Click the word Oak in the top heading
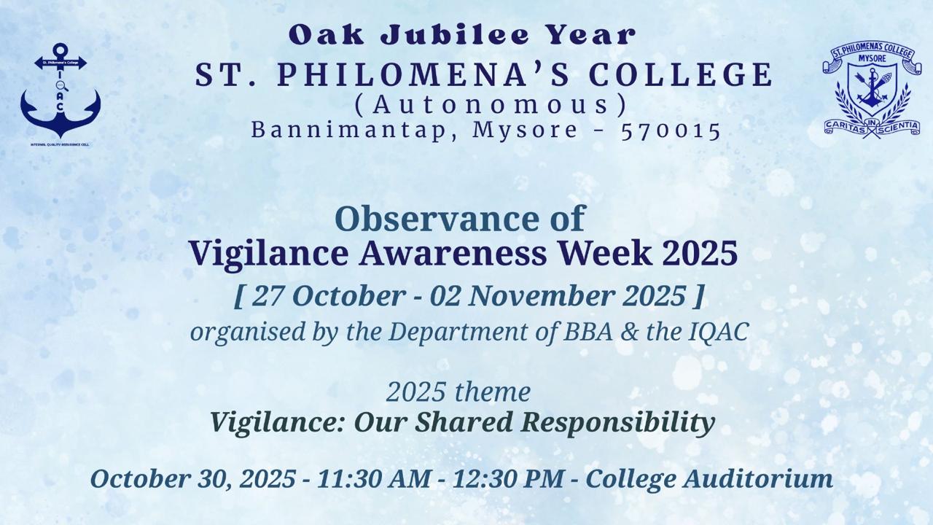click(x=326, y=34)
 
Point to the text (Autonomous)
click(x=491, y=104)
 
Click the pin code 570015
click(x=671, y=131)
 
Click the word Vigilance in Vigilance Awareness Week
click(x=269, y=254)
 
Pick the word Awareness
click(x=453, y=253)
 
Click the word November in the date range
click(x=544, y=295)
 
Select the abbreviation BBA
click(x=587, y=332)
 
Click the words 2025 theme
click(x=458, y=392)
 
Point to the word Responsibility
click(x=619, y=423)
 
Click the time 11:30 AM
click(x=374, y=479)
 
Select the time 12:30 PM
click(x=508, y=479)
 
